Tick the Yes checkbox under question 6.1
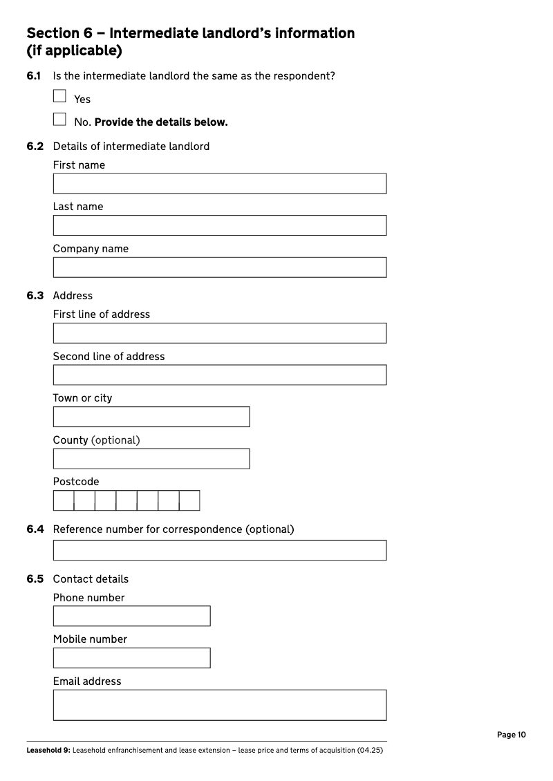[59, 96]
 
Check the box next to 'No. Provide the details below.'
[59, 120]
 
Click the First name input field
[219, 184]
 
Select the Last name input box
[219, 225]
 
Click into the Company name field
[219, 267]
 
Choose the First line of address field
[219, 333]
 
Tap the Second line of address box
[219, 375]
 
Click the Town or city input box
[151, 417]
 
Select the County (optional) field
[151, 459]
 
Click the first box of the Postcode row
[64, 500]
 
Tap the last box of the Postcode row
[189, 500]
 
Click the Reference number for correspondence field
[219, 550]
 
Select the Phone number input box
[131, 616]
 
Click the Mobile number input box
[131, 658]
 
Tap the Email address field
[219, 705]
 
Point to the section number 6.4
[35, 529]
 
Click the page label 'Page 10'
[512, 735]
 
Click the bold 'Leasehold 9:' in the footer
[48, 751]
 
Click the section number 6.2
[35, 147]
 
